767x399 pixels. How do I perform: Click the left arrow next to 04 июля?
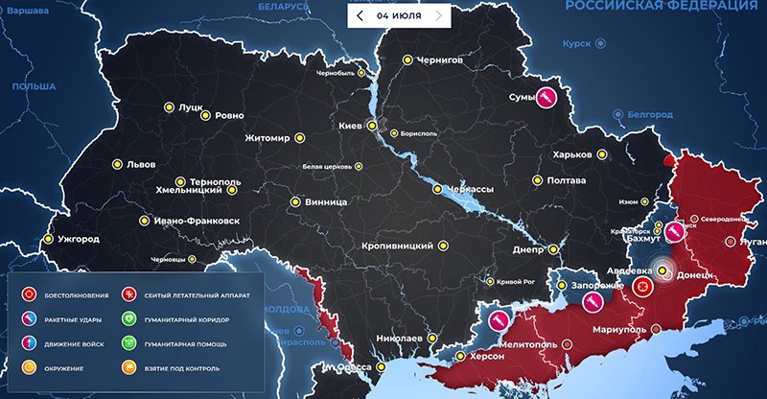pyautogui.click(x=360, y=15)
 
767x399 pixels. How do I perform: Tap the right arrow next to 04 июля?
pyautogui.click(x=438, y=15)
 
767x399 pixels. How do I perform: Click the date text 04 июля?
pyautogui.click(x=399, y=15)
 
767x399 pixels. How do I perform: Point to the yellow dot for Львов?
pyautogui.click(x=118, y=163)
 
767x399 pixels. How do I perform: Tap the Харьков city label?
pyautogui.click(x=573, y=155)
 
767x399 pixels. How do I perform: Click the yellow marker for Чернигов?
pyautogui.click(x=407, y=59)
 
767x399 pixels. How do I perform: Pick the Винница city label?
pyautogui.click(x=325, y=202)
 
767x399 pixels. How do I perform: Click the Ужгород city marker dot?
pyautogui.click(x=47, y=239)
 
